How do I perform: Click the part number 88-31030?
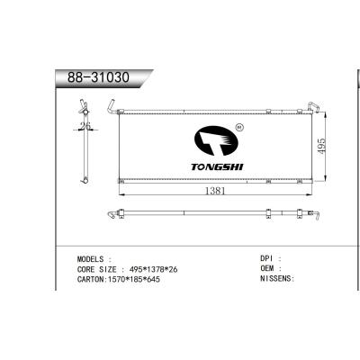coord(99,78)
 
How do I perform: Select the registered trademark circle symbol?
coord(238,129)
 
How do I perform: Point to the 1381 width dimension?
coord(211,191)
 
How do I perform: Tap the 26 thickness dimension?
coord(85,126)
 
